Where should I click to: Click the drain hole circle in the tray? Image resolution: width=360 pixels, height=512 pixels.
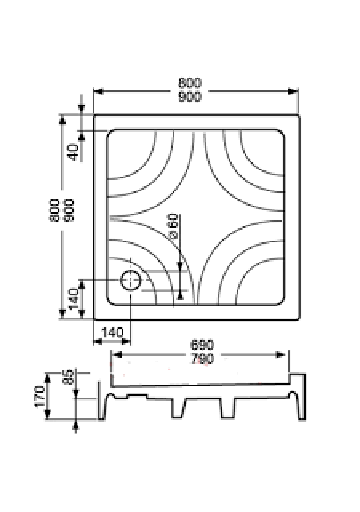(x=130, y=281)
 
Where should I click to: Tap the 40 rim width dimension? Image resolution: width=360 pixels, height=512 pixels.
(x=74, y=152)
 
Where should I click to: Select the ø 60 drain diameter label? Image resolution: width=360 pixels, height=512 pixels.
(x=173, y=226)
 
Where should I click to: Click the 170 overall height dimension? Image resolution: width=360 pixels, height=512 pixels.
(x=39, y=397)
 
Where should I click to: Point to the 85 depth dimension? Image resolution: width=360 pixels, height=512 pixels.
(x=68, y=377)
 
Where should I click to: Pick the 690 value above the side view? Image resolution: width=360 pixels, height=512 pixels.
(x=202, y=345)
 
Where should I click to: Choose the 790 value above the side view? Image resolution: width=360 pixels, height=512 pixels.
(x=202, y=359)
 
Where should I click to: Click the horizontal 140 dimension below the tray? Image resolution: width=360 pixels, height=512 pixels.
(x=113, y=333)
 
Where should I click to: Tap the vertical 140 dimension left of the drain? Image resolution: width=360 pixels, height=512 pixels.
(x=73, y=298)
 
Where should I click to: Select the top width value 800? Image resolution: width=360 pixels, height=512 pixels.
(x=190, y=82)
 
